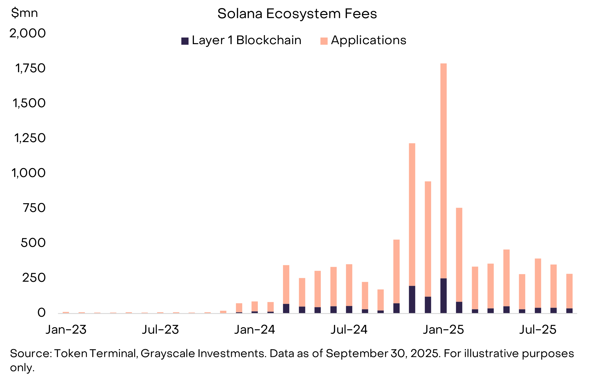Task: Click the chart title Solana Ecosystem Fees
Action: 297,14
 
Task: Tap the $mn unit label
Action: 24,13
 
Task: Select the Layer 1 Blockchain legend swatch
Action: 185,41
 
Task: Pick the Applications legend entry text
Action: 368,40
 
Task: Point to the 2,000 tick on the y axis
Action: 28,33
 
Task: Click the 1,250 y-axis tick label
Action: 30,138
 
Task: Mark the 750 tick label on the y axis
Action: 34,208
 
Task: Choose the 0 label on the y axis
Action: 41,312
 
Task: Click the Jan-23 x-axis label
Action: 66,330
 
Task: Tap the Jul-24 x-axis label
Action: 349,330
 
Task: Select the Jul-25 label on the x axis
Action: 538,330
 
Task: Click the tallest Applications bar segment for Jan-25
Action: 443,171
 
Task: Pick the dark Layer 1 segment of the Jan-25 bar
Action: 443,296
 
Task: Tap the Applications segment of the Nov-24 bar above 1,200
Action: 412,215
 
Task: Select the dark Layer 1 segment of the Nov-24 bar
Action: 412,299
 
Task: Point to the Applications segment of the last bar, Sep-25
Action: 569,291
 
